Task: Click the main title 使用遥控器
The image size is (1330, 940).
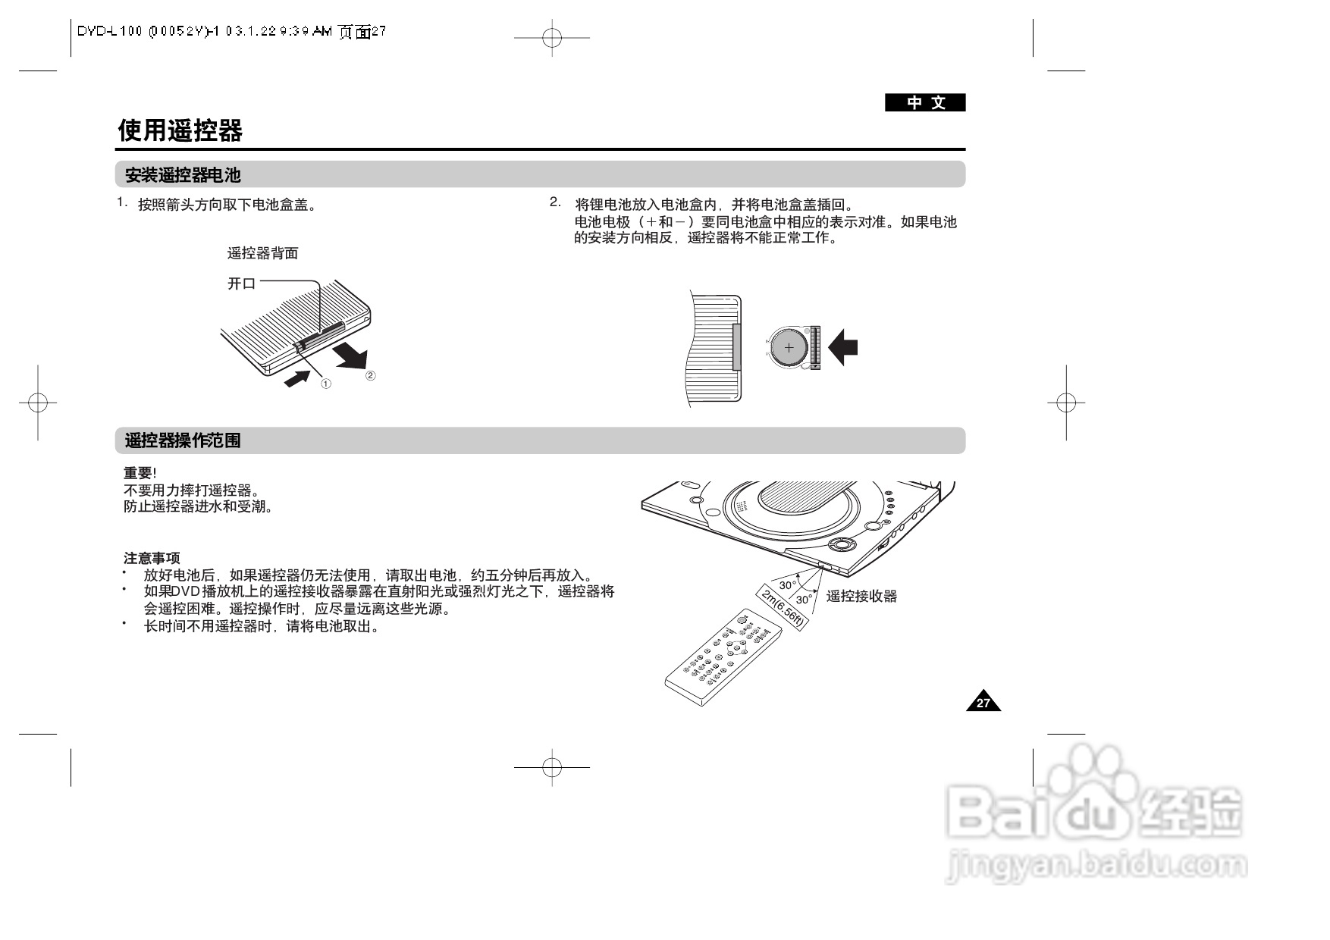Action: click(x=180, y=131)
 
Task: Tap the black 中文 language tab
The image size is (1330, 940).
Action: click(x=925, y=103)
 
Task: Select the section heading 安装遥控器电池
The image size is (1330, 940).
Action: click(x=182, y=175)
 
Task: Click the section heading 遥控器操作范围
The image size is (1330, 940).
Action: click(x=182, y=440)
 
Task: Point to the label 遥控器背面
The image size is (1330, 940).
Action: click(x=262, y=253)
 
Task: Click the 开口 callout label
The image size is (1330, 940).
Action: click(x=241, y=284)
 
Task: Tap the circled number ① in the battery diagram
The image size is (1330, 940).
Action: click(x=325, y=384)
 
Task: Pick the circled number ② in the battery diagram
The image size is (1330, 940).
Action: click(x=370, y=375)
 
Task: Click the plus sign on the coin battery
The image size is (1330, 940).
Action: click(x=789, y=348)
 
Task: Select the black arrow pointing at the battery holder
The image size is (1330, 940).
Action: click(x=843, y=348)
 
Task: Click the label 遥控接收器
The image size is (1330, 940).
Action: click(x=861, y=597)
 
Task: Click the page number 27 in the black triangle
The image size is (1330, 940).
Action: click(x=983, y=703)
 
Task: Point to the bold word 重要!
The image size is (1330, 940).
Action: click(x=140, y=474)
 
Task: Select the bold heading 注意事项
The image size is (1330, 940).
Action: click(x=152, y=559)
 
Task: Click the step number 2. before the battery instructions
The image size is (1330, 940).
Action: click(x=555, y=202)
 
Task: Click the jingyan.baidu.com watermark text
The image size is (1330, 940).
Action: click(x=1096, y=865)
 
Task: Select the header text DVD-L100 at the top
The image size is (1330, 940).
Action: click(x=110, y=31)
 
